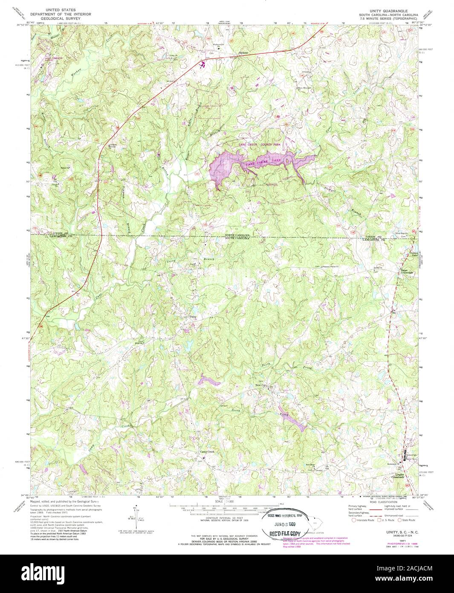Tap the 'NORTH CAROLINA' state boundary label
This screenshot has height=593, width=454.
(237, 235)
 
